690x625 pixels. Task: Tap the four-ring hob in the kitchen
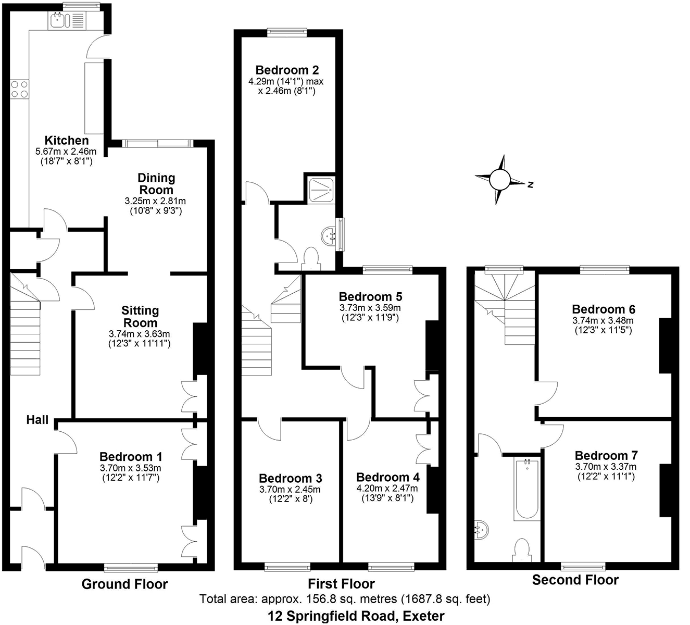click(19, 89)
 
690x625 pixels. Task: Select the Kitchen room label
click(67, 140)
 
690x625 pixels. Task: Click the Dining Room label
click(156, 184)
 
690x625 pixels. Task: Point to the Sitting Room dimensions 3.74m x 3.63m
click(140, 334)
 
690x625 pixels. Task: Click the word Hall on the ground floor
click(37, 420)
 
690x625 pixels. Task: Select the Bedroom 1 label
click(131, 456)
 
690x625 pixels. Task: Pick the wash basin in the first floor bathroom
click(330, 235)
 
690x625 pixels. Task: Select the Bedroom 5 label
click(370, 296)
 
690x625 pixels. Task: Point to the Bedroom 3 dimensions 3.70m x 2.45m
click(290, 490)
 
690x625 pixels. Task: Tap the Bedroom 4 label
click(387, 477)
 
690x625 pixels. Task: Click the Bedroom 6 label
click(604, 309)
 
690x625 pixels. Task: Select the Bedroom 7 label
click(606, 455)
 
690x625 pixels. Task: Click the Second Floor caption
click(575, 580)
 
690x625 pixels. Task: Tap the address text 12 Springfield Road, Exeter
click(356, 616)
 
